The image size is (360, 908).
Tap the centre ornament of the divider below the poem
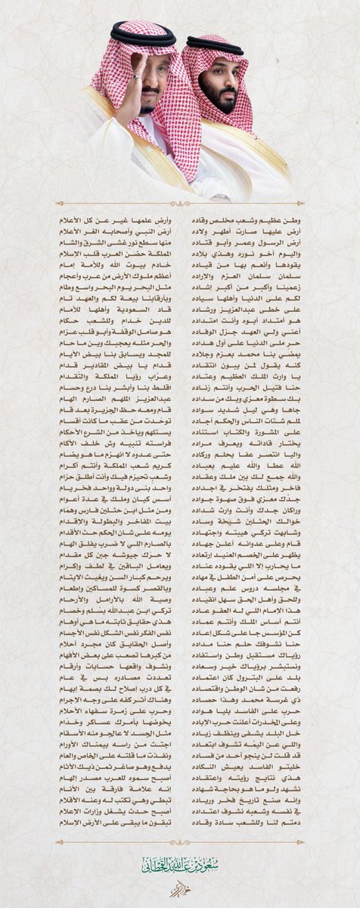coord(179,833)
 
